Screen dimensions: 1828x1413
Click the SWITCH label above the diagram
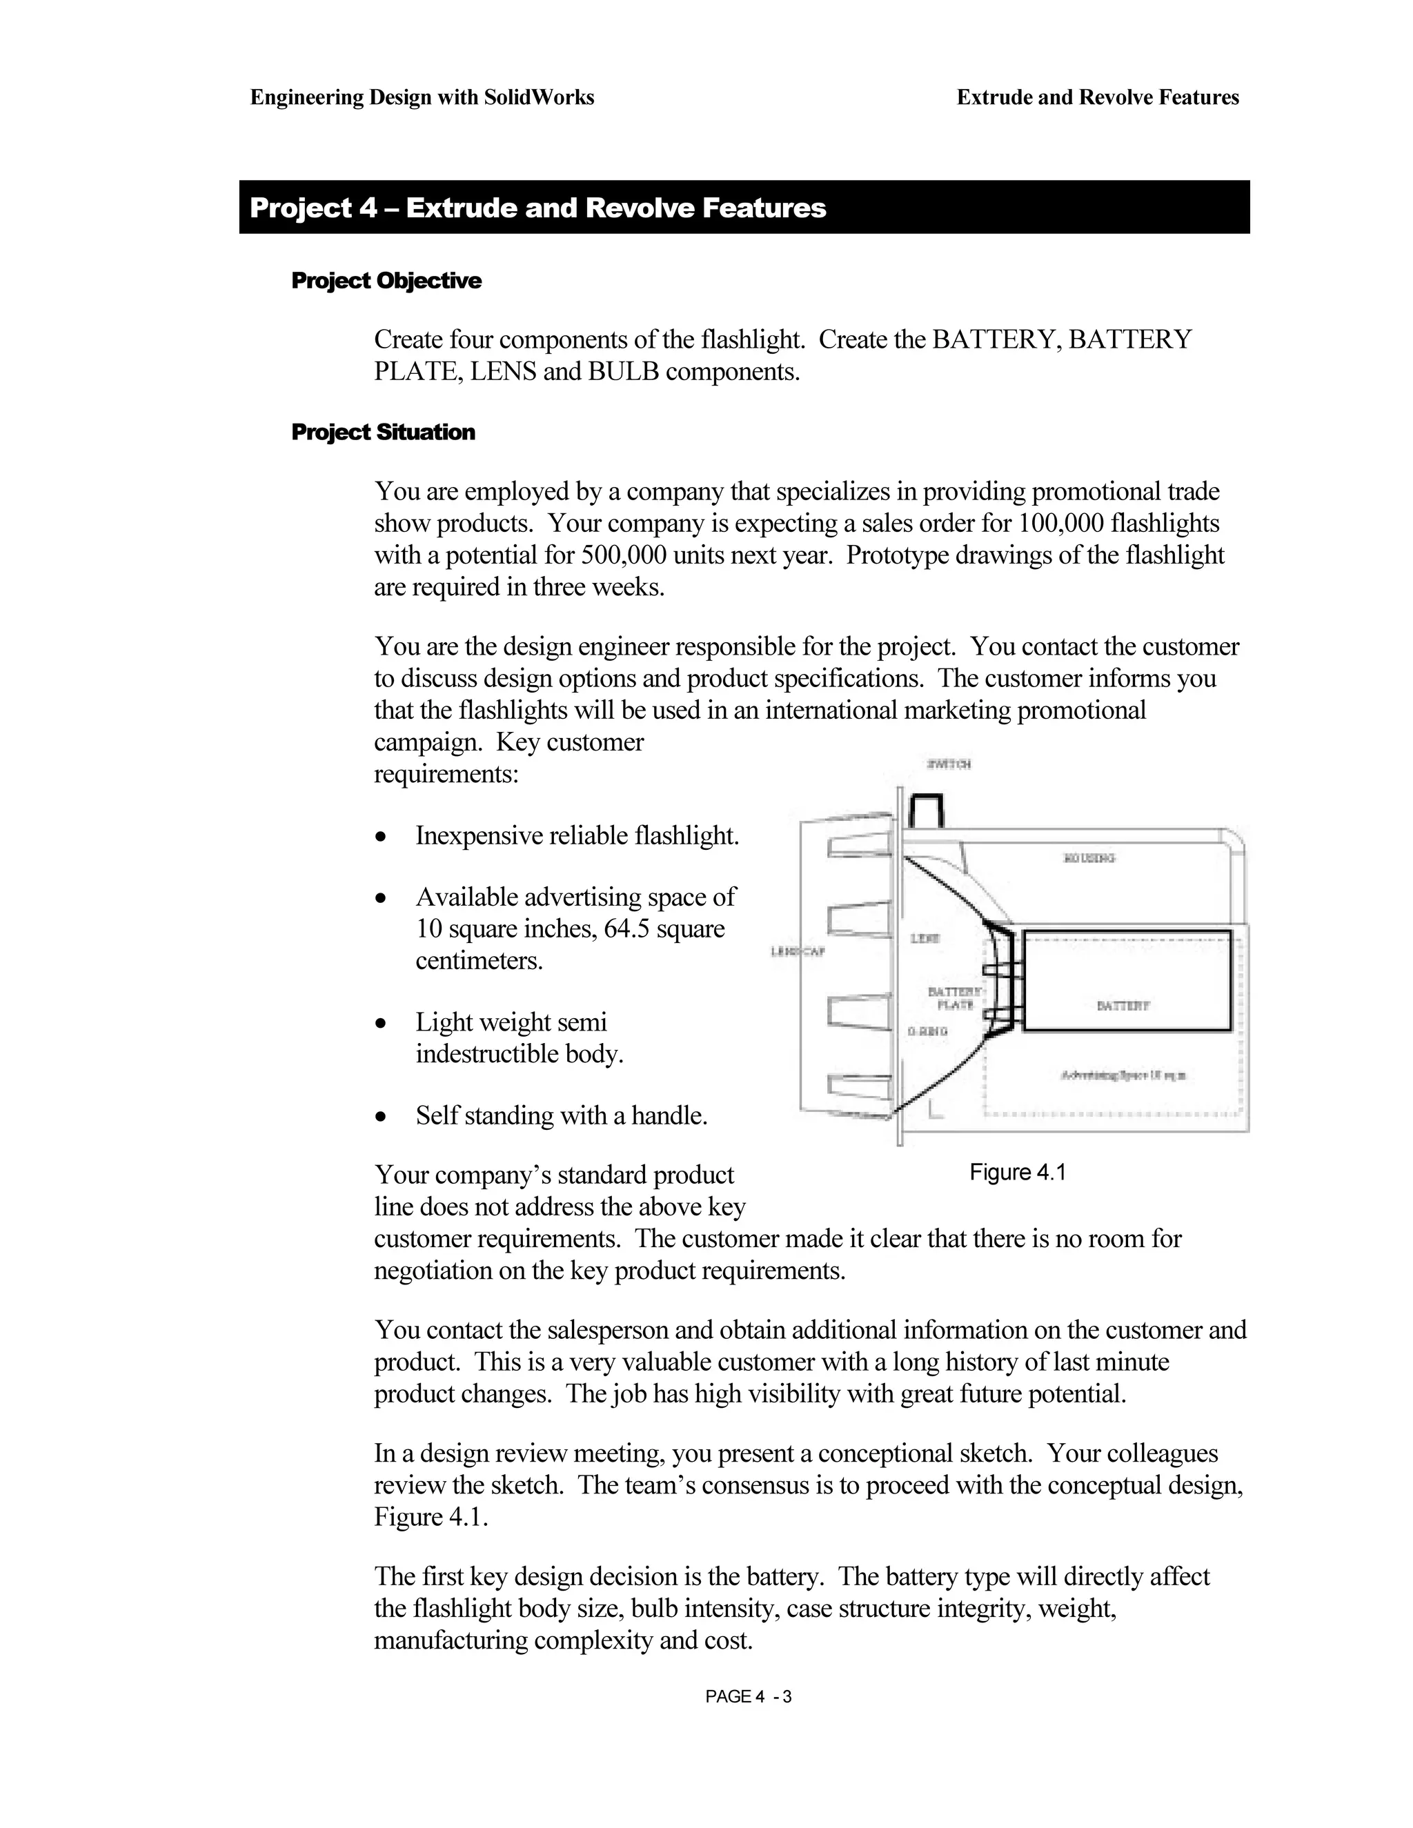click(949, 764)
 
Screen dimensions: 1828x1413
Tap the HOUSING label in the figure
click(1089, 858)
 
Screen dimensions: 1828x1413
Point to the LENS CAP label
click(798, 952)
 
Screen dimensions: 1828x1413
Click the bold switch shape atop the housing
click(927, 809)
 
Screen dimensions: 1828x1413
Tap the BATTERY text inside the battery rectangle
click(1123, 1005)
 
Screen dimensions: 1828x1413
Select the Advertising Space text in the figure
click(1123, 1075)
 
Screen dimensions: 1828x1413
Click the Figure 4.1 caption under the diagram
click(1017, 1173)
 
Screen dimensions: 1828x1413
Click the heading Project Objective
click(386, 280)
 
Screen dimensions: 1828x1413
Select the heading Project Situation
click(382, 432)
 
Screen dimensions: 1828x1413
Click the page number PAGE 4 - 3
click(749, 1697)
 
